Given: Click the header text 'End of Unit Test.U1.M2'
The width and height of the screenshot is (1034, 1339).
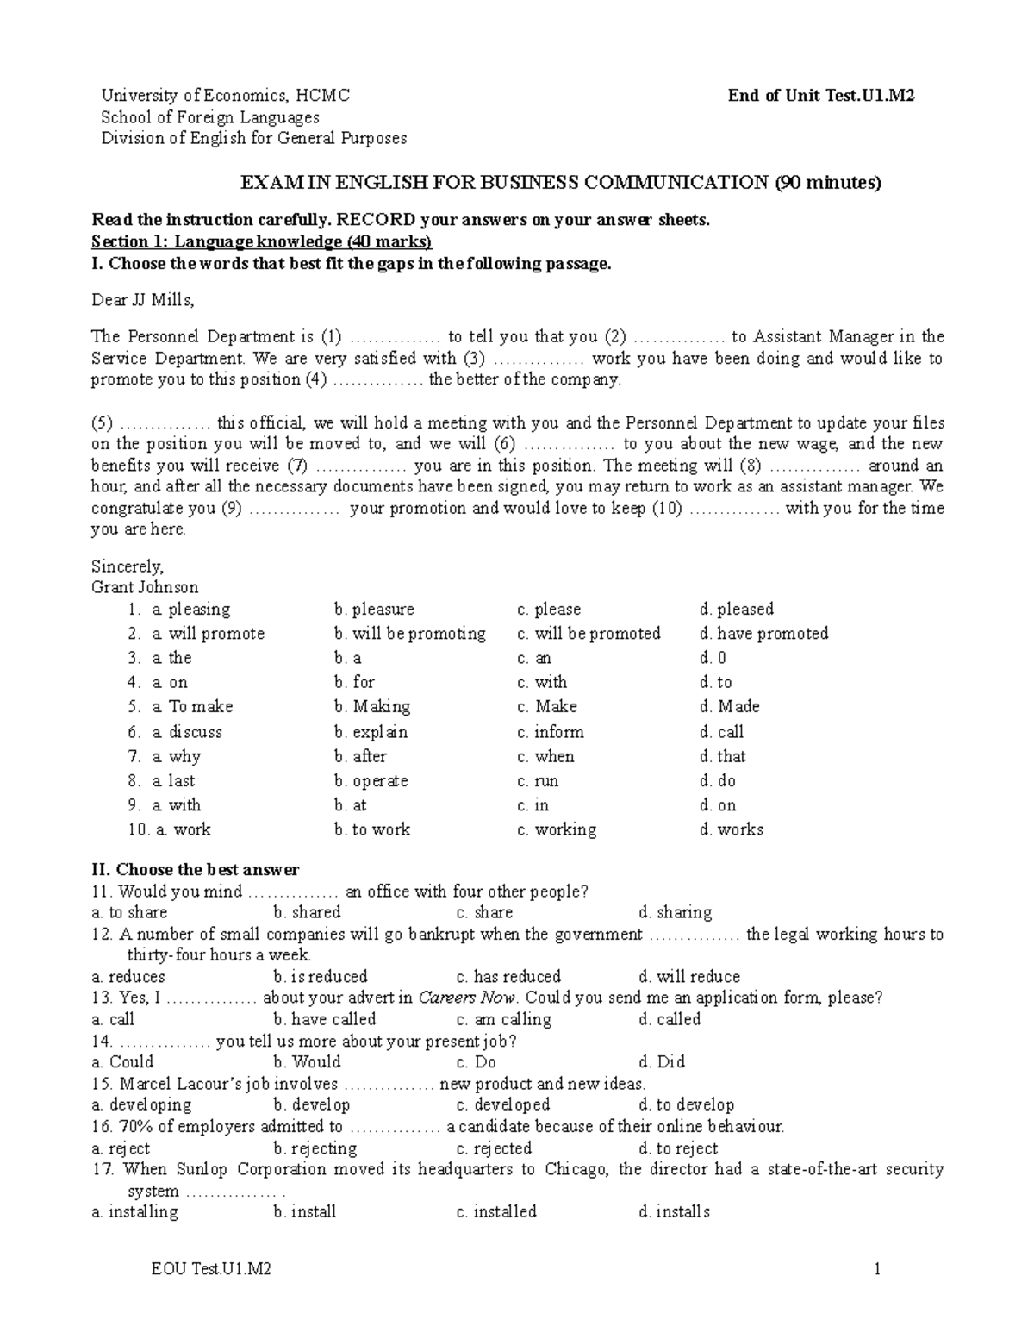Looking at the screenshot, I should point(820,96).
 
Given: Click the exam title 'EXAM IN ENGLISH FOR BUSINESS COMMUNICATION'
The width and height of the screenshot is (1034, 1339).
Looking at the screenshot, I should point(504,183).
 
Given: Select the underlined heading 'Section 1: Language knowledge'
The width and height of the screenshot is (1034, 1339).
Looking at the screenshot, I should point(262,241).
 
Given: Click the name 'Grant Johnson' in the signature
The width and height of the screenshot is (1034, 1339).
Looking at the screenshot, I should point(145,587).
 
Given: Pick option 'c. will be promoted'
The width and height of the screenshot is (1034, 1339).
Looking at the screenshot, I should point(589,634).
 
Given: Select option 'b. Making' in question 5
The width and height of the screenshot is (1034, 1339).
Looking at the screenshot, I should point(372,707).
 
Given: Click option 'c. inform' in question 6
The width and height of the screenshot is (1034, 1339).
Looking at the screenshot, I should point(551,732).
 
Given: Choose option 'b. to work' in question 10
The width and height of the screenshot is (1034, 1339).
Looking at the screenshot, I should point(372,829).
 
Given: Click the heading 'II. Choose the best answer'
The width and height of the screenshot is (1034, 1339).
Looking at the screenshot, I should point(196,869).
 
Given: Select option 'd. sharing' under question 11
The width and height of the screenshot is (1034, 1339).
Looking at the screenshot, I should point(676,912).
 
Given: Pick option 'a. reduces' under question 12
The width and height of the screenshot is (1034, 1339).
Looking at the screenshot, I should point(128,977).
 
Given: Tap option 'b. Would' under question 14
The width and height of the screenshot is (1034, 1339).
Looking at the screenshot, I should point(308,1062).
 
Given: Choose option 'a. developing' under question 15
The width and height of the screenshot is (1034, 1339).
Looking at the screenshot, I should point(141,1105).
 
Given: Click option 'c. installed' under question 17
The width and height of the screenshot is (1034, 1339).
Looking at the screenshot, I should point(496,1212).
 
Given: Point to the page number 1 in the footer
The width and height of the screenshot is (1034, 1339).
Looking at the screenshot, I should point(876,1269).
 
